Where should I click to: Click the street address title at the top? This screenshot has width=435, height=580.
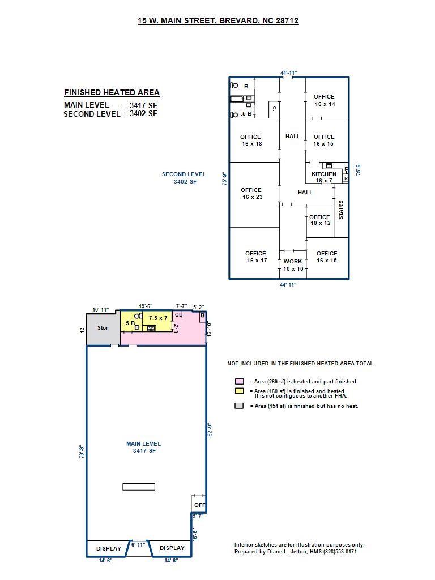(x=218, y=21)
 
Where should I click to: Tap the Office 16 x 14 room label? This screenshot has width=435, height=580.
(x=325, y=100)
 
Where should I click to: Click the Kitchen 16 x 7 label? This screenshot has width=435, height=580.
(x=324, y=177)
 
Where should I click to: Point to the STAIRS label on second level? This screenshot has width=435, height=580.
(x=341, y=210)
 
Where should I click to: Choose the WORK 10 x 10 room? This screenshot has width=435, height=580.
(x=293, y=265)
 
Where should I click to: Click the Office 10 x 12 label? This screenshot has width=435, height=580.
(x=320, y=220)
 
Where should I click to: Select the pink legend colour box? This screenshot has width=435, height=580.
(x=240, y=381)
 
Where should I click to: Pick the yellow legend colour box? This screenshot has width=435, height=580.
(x=240, y=391)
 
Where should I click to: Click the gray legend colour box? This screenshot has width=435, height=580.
(x=240, y=406)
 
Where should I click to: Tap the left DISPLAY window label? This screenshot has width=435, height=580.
(x=109, y=548)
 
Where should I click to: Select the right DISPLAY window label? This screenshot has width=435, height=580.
(x=172, y=548)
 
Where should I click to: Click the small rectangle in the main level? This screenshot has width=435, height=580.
(x=139, y=487)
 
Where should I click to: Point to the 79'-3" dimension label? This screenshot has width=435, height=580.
(x=82, y=452)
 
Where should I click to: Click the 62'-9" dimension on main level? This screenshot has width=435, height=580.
(x=210, y=430)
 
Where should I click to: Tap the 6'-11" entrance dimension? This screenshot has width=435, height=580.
(x=138, y=545)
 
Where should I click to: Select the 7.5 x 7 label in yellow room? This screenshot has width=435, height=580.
(x=158, y=318)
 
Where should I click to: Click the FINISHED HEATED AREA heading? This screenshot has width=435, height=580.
(x=112, y=92)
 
